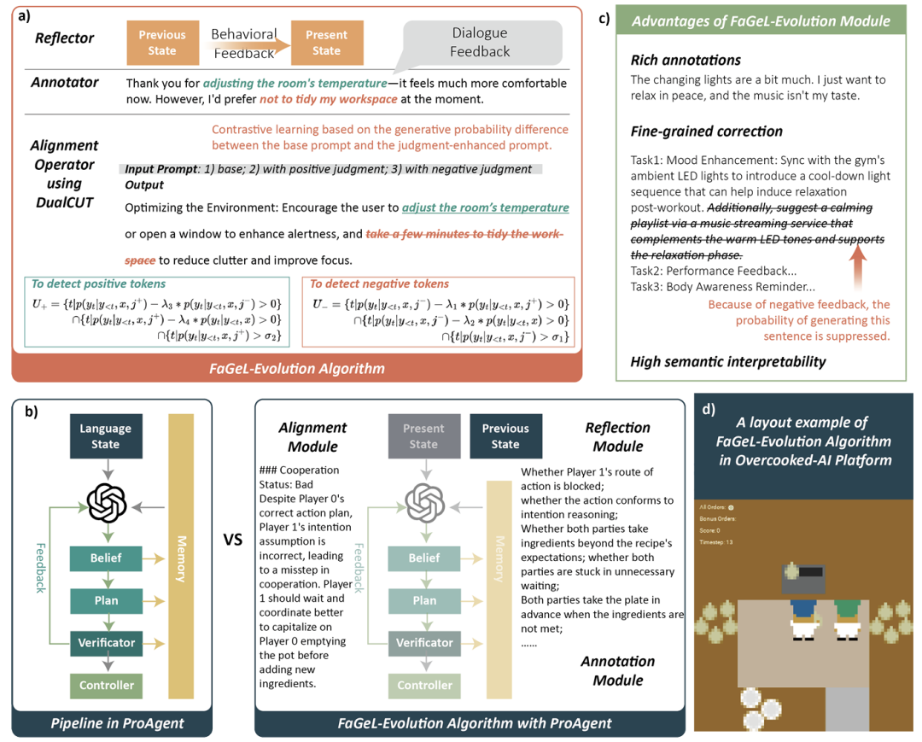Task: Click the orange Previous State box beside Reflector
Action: click(162, 42)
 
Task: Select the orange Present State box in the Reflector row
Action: click(326, 42)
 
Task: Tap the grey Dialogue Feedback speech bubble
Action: click(479, 42)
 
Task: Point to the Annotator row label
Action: click(65, 83)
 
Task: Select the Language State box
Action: click(105, 436)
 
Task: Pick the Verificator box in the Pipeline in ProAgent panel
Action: click(106, 642)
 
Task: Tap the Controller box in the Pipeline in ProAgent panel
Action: click(106, 685)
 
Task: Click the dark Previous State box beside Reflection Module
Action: click(505, 436)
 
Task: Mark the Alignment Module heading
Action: click(312, 436)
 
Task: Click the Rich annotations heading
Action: click(685, 60)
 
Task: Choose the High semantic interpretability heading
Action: click(727, 361)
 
